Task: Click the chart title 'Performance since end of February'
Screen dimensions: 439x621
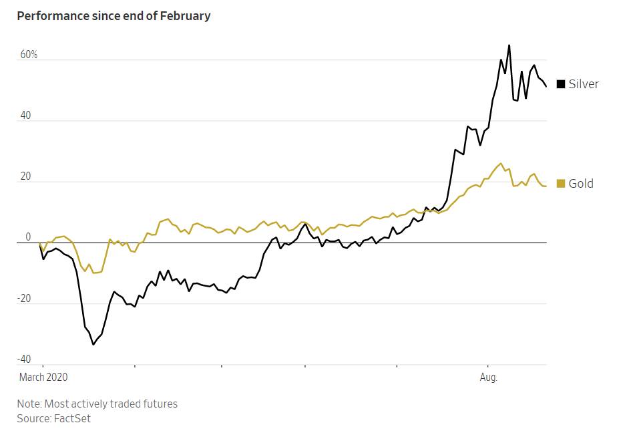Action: (114, 15)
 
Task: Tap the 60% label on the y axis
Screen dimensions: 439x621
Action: (29, 54)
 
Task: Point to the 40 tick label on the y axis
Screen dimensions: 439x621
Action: (25, 116)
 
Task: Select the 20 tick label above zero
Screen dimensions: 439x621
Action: (25, 176)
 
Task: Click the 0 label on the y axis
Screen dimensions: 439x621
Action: (28, 237)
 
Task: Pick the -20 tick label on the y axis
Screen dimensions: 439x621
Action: (24, 299)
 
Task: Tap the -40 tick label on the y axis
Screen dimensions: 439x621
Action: (24, 359)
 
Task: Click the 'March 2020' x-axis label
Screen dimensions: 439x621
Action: (43, 377)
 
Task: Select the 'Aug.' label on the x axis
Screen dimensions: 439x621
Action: (489, 377)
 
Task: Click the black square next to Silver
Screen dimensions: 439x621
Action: (561, 84)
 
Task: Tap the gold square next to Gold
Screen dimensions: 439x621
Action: (561, 184)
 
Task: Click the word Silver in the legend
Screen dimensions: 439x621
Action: (584, 84)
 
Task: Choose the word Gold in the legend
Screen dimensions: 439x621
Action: (581, 184)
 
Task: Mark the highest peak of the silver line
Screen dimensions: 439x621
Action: (509, 45)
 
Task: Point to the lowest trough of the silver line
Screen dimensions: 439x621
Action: (93, 344)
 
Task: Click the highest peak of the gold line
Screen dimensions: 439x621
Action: (501, 163)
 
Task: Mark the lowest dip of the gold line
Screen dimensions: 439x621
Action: (93, 273)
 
